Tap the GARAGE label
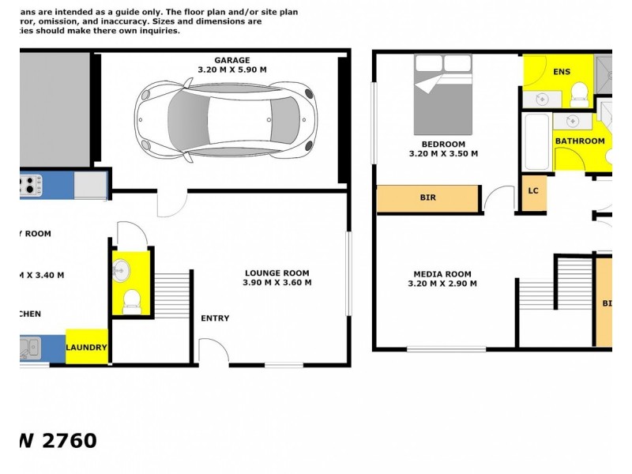click(x=232, y=60)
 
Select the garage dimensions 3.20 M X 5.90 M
click(x=232, y=70)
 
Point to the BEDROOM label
click(x=442, y=144)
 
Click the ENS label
click(x=562, y=72)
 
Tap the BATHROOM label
click(x=580, y=141)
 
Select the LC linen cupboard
click(x=533, y=191)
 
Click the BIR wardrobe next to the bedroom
click(x=427, y=198)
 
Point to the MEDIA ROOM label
click(x=442, y=274)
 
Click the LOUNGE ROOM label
click(x=276, y=273)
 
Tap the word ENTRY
click(x=215, y=318)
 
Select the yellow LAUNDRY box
click(x=86, y=347)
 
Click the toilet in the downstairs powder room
click(x=132, y=300)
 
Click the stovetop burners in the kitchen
click(x=30, y=185)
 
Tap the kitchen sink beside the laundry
click(x=32, y=345)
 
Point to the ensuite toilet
click(x=578, y=92)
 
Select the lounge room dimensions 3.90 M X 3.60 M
click(x=276, y=283)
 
